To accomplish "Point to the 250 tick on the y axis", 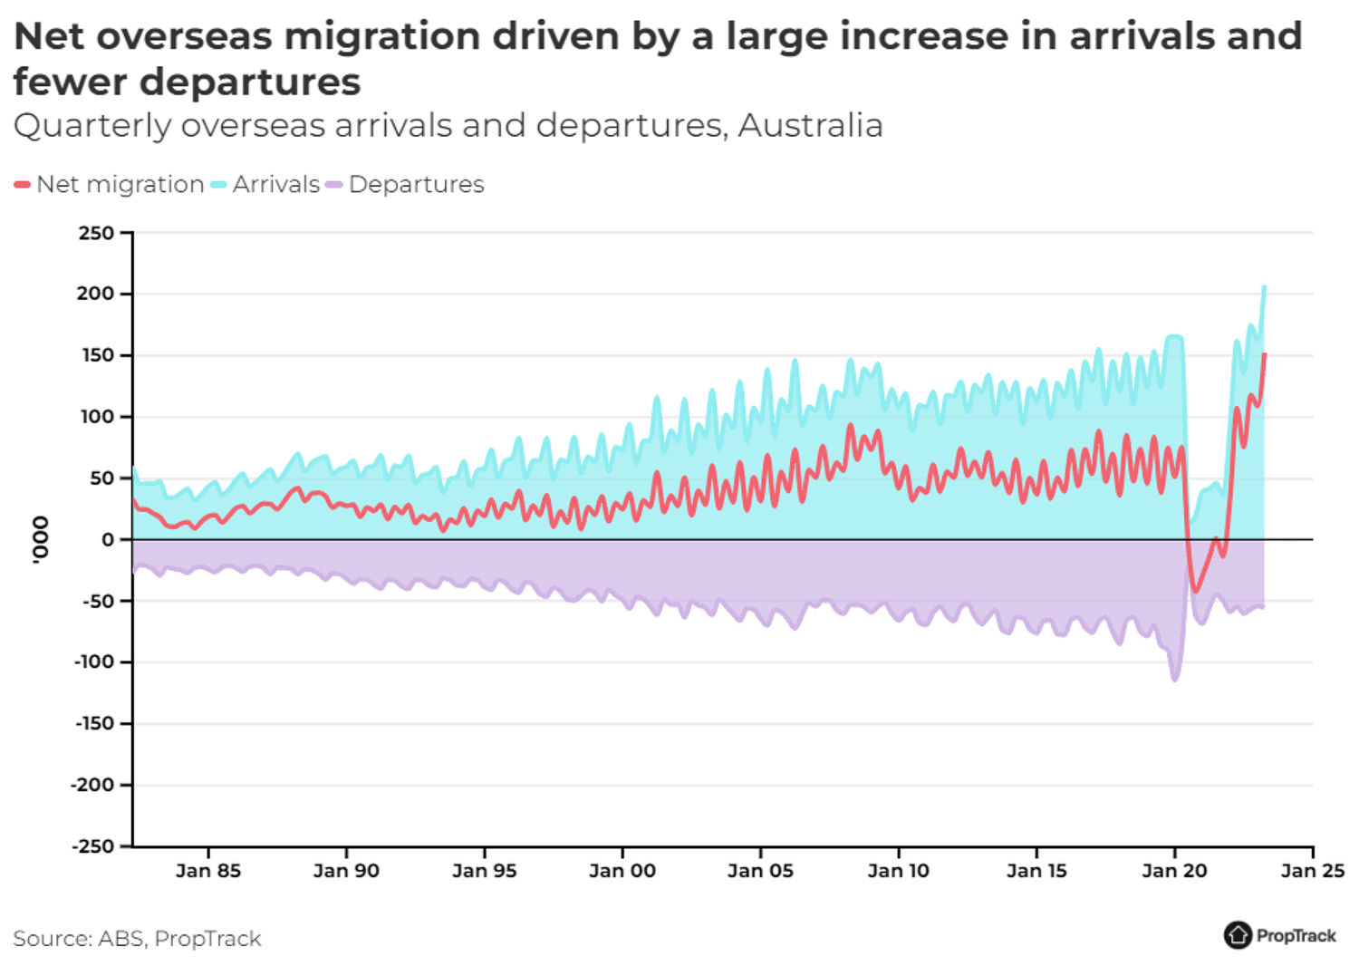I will click(x=96, y=233).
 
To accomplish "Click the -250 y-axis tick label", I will click(x=93, y=846).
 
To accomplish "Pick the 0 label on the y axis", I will click(x=108, y=539).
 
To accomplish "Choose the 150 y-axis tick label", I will click(x=97, y=355).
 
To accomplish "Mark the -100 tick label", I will click(x=93, y=662).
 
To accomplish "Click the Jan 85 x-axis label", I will click(x=208, y=871).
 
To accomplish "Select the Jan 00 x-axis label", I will click(x=622, y=871).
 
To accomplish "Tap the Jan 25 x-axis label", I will click(x=1313, y=871).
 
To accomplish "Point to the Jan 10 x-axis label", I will click(x=899, y=871).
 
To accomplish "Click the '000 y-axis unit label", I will click(x=40, y=540).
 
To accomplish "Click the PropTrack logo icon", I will click(x=1237, y=935).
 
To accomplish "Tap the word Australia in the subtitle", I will click(x=810, y=125).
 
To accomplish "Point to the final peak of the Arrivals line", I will click(x=1264, y=287).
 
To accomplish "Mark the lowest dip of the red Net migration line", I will click(x=1196, y=591).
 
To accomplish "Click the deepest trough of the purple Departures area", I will click(x=1175, y=680).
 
